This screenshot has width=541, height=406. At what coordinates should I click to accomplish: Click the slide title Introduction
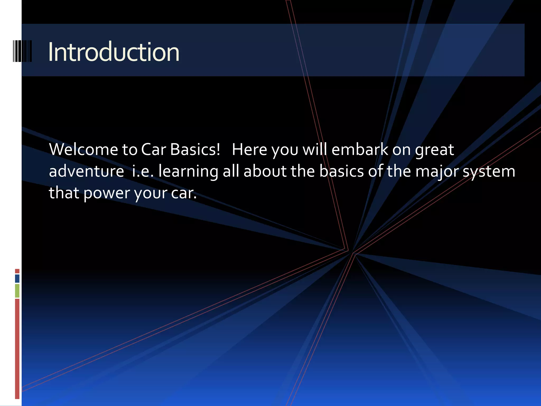114,52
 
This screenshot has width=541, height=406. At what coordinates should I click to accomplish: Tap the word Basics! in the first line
195,150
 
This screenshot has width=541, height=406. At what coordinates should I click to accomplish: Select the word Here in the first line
249,150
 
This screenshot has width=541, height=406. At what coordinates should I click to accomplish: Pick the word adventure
86,171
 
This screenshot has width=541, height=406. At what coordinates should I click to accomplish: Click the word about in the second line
265,171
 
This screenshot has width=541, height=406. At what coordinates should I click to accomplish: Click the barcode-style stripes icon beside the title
22,51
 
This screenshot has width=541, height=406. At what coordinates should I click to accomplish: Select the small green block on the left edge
17,290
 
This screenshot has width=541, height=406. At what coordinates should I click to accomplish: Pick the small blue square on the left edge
17,278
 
